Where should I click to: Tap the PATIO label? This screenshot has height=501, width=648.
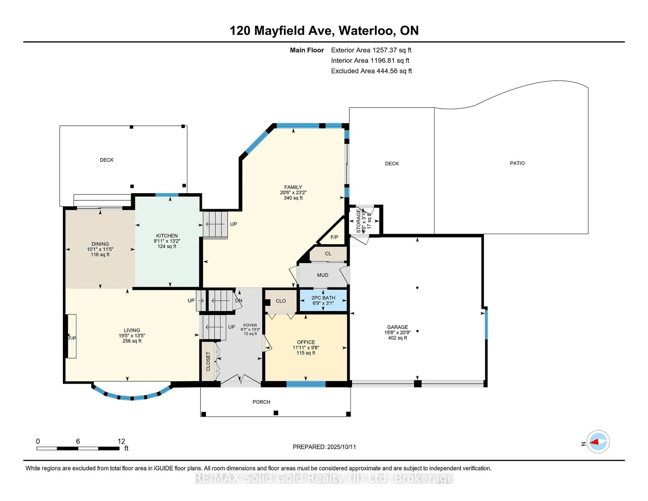coord(517,163)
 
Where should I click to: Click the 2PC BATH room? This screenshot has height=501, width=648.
coord(323,300)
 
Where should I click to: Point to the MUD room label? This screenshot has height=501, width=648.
coord(322,275)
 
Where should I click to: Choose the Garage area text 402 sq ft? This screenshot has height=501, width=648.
coord(397,338)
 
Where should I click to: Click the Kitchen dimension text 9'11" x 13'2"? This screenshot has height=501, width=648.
coord(167,241)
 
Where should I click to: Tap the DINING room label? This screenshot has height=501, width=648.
coord(100,244)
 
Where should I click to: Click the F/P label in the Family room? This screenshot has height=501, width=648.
coord(334,237)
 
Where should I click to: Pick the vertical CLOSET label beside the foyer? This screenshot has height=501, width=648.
coord(208,361)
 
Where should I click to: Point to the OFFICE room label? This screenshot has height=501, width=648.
coord(306,342)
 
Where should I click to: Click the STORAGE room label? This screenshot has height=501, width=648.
coord(358,221)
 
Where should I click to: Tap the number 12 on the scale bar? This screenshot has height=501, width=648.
coord(121,441)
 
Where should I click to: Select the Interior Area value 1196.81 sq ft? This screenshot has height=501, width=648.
coord(390,61)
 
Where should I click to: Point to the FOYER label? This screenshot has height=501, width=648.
coord(250,325)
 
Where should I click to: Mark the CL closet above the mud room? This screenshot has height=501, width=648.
coord(328,254)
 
